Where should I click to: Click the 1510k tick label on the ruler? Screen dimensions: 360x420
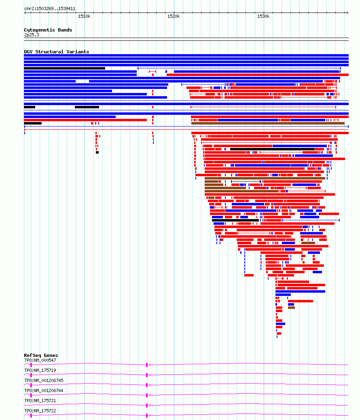84,16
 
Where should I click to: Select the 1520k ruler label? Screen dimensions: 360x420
174,16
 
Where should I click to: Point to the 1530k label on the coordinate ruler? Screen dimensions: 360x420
263,16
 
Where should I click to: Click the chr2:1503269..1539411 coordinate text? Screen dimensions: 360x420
50,8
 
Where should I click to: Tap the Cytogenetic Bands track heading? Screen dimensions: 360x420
48,30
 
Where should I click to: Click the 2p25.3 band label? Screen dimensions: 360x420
32,35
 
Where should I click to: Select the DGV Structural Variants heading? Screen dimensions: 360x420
57,52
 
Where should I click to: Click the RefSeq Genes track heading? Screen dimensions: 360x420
41,355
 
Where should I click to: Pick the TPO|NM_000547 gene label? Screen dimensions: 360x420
40,360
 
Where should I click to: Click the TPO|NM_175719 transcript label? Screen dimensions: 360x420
40,370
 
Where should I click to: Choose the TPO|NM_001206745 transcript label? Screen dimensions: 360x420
44,381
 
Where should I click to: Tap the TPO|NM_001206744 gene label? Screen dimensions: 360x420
44,390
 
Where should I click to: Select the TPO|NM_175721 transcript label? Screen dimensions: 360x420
40,401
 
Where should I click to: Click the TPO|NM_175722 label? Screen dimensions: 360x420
40,411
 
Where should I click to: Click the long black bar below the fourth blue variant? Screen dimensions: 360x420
64,68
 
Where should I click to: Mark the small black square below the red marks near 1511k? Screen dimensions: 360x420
97,152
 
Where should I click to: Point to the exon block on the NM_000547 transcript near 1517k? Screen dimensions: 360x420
147,365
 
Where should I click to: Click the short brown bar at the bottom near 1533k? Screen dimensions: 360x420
291,308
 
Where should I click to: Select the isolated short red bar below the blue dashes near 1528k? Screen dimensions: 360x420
249,275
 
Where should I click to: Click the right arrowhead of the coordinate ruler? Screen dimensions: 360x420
347,13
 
